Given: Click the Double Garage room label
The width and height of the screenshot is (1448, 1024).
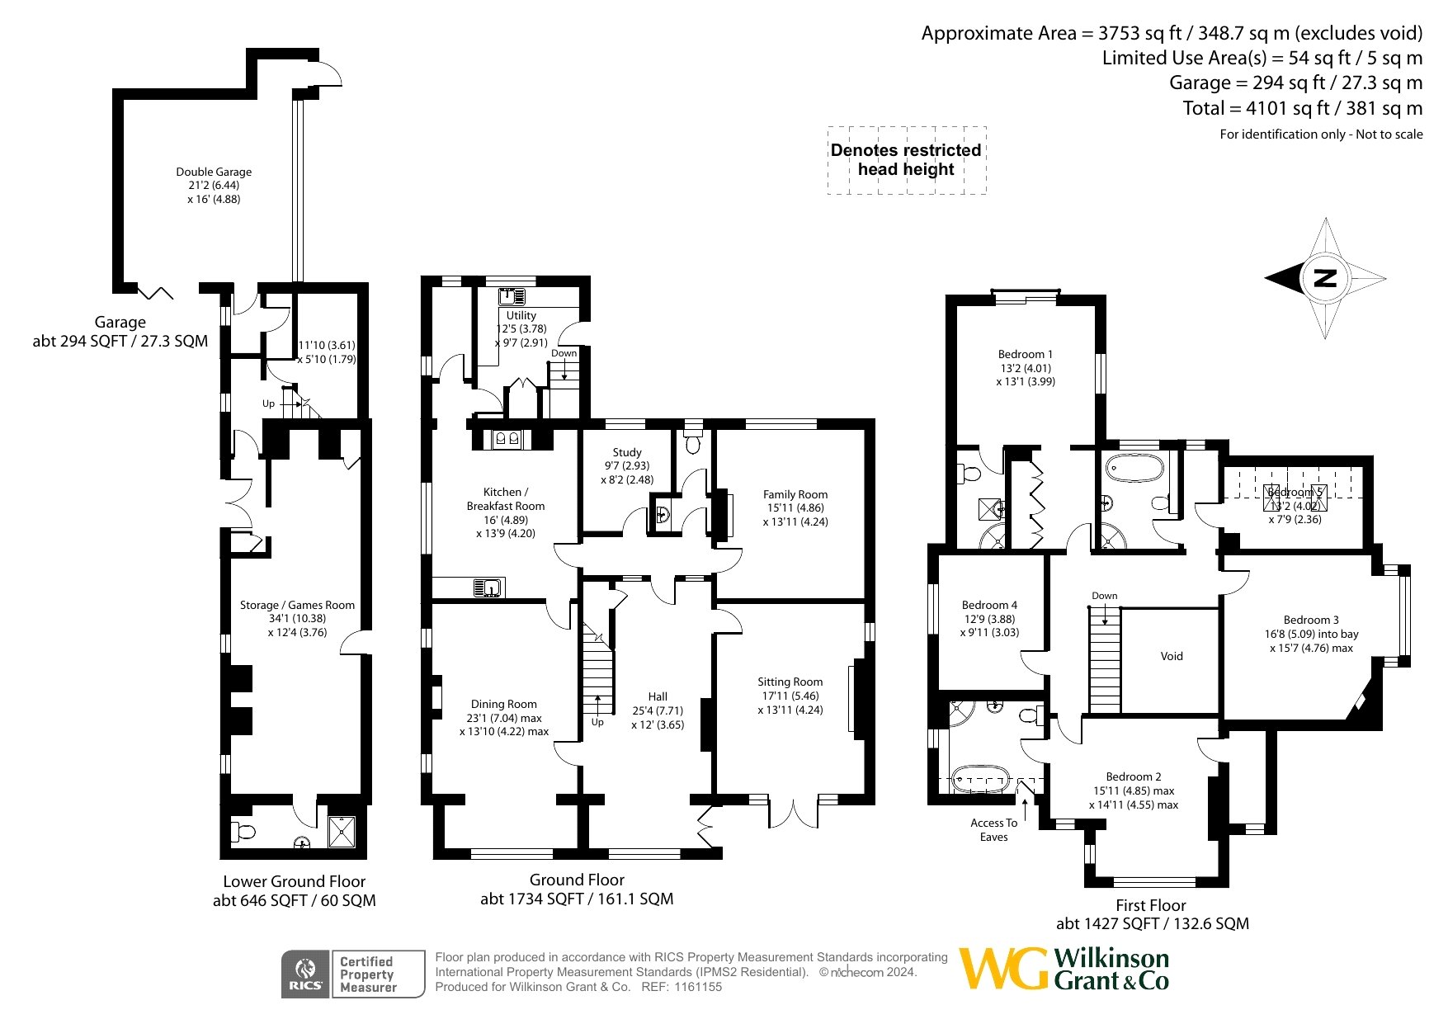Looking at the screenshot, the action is click(x=214, y=172).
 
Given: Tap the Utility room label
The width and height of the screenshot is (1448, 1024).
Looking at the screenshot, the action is click(x=521, y=315).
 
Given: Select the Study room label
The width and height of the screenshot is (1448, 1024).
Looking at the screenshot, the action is click(x=627, y=452).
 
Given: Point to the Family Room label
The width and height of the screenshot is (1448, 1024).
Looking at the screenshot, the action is click(x=795, y=494).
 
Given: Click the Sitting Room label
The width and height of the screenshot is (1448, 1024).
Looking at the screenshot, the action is click(x=790, y=682).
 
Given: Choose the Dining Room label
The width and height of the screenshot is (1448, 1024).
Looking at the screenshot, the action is click(x=504, y=704).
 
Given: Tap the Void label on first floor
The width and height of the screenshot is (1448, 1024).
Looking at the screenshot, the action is click(x=1172, y=656).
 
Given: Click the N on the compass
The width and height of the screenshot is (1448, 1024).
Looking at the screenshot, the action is click(x=1325, y=278).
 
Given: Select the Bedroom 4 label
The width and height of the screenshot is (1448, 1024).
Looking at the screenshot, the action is click(x=989, y=605).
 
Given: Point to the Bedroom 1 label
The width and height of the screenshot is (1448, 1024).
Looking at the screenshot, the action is click(x=1026, y=354).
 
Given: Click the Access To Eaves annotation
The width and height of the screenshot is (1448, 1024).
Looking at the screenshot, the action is click(x=994, y=829).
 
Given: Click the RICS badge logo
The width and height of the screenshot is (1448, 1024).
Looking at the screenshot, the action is click(x=305, y=974).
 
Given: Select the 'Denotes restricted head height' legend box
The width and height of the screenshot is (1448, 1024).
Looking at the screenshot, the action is click(x=907, y=160).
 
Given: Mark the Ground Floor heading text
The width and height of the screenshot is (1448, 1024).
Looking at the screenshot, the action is click(x=577, y=880).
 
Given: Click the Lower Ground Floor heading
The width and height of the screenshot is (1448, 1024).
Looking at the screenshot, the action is click(x=294, y=881).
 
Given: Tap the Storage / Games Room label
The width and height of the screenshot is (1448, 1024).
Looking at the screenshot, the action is click(x=297, y=605).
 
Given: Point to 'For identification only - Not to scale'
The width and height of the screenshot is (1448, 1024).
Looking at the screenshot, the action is click(x=1321, y=134).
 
